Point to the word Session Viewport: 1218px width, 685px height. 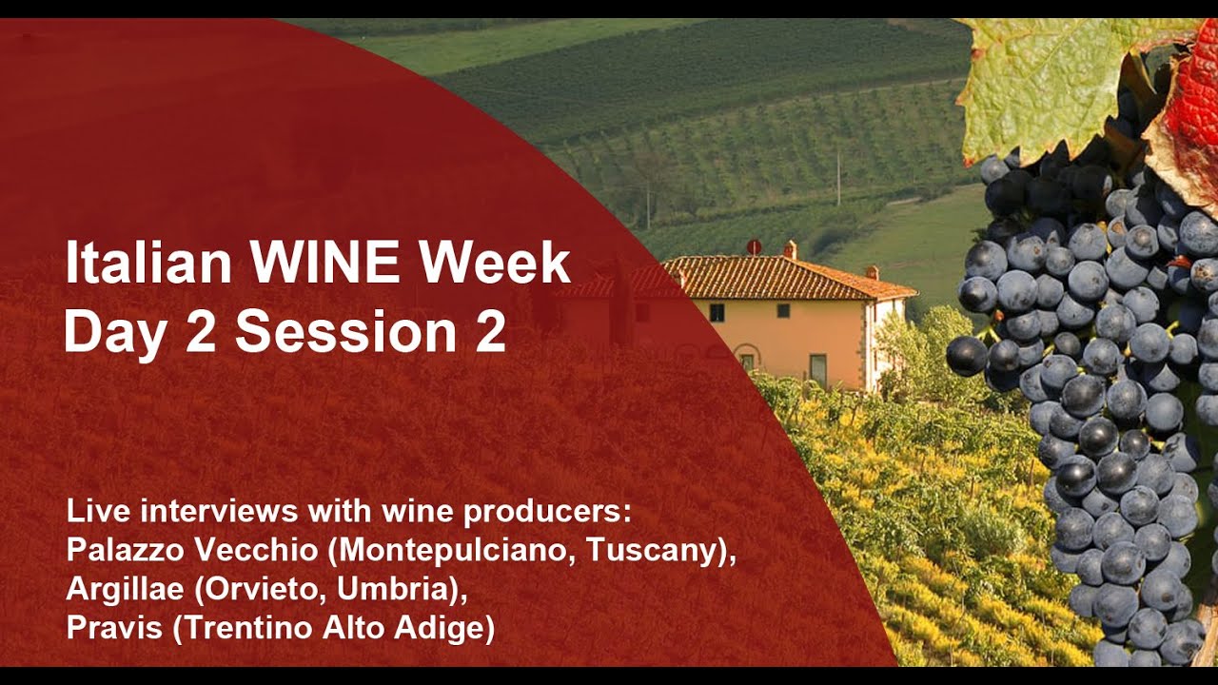point(345,330)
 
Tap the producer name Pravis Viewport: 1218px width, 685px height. point(114,628)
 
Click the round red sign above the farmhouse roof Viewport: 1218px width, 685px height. point(754,246)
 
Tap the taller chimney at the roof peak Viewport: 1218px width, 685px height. point(790,250)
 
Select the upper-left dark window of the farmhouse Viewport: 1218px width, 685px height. point(717,313)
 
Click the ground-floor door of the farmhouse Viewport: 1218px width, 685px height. point(817,371)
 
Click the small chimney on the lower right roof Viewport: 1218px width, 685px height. point(872,273)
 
